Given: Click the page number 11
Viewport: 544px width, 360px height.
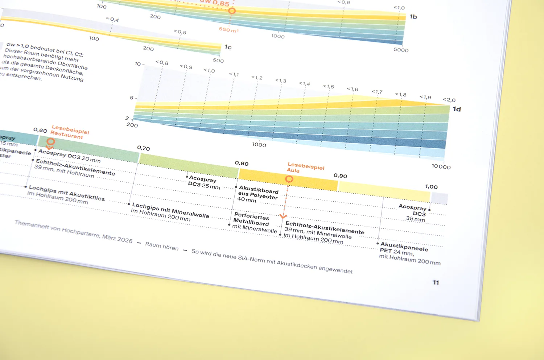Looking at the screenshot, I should [x=436, y=282].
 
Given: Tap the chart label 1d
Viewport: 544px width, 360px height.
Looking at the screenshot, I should [x=457, y=109].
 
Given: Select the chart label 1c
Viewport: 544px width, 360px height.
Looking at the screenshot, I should [x=228, y=47].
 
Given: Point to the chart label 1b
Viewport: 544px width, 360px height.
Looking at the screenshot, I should [x=413, y=17].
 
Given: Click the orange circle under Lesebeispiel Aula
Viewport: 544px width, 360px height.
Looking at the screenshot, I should [x=289, y=179].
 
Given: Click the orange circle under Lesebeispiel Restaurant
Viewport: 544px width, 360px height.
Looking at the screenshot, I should [x=51, y=141].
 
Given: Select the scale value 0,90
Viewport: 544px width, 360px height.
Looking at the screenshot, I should [x=340, y=176].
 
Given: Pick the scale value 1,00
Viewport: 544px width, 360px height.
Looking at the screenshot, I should [x=431, y=187].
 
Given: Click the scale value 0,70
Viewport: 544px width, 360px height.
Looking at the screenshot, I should [x=143, y=148].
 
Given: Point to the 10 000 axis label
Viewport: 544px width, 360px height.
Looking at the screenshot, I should [x=441, y=167].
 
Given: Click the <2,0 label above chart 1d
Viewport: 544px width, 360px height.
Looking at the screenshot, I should [x=449, y=100].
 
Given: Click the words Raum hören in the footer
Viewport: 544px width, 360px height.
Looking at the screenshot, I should [x=162, y=246].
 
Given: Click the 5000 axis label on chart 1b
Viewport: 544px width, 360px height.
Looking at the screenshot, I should [x=401, y=50].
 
